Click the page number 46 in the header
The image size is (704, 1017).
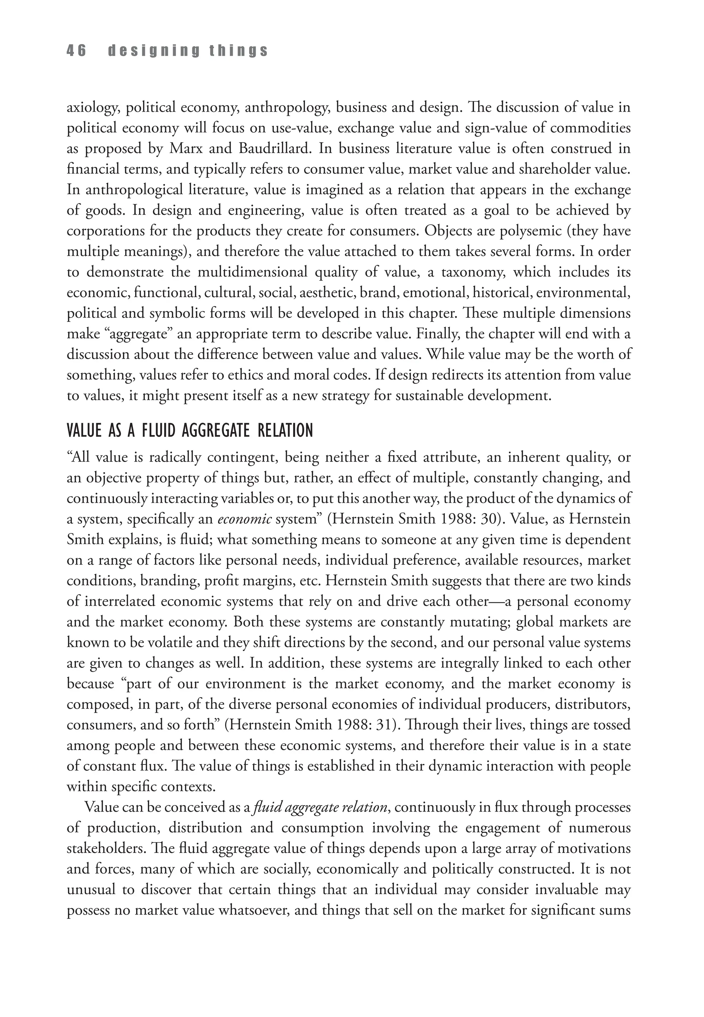point(76,51)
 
